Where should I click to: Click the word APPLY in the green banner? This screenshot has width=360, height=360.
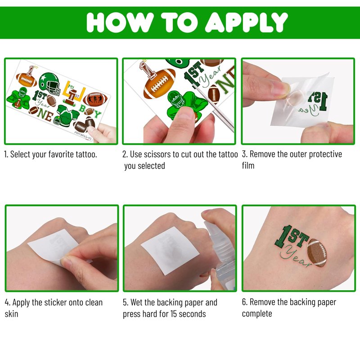(x=246, y=22)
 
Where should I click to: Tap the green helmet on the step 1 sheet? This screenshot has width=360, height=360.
(x=49, y=84)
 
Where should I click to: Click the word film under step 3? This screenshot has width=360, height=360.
(x=248, y=166)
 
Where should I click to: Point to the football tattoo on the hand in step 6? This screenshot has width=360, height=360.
(x=317, y=253)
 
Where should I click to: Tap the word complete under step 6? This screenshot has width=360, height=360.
(x=257, y=314)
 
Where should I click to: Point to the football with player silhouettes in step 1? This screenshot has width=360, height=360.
(x=95, y=99)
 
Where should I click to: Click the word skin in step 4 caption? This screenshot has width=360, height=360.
(x=12, y=314)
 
